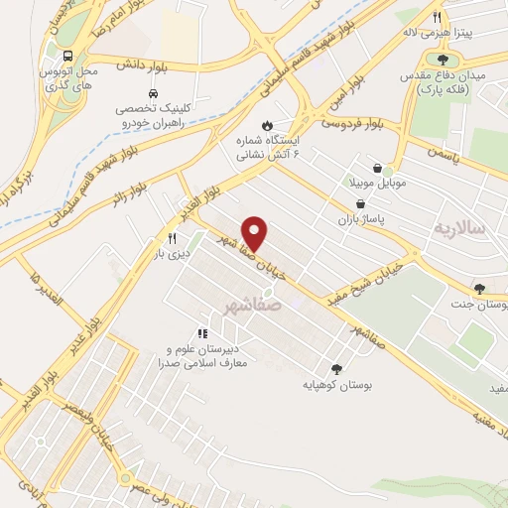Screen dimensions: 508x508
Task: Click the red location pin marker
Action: [x=255, y=233]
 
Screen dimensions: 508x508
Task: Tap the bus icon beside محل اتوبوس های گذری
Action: [x=67, y=56]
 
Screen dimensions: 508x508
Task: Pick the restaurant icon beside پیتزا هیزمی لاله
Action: [x=437, y=17]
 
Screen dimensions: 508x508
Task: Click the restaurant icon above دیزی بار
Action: [x=172, y=238]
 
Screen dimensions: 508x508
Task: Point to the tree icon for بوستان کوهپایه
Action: [x=335, y=366]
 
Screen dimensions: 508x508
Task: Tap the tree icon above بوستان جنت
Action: [x=480, y=289]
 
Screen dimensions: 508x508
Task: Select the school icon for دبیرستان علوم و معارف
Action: [x=202, y=334]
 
